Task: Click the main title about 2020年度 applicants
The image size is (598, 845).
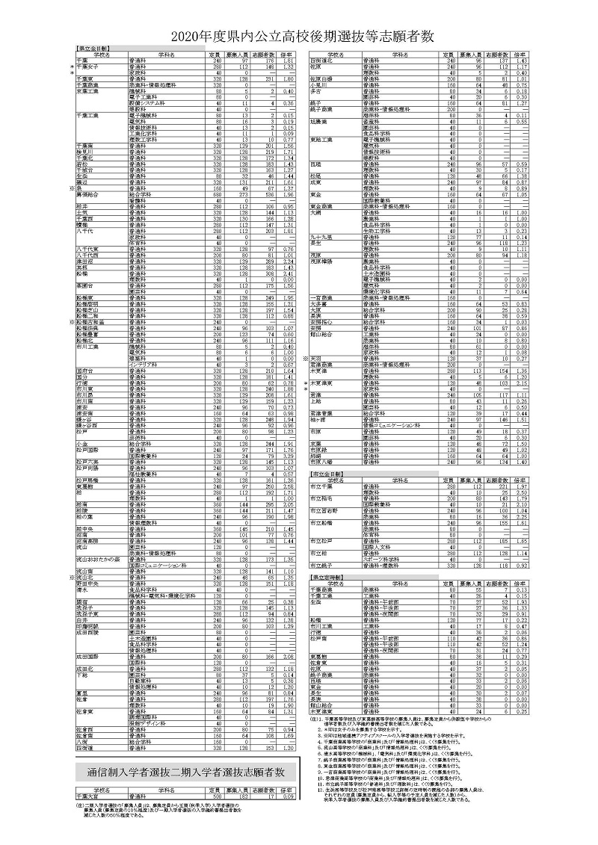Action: (x=298, y=36)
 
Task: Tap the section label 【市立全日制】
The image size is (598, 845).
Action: (x=327, y=474)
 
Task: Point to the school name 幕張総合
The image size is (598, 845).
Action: (x=89, y=194)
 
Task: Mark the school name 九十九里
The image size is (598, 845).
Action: (x=323, y=237)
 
